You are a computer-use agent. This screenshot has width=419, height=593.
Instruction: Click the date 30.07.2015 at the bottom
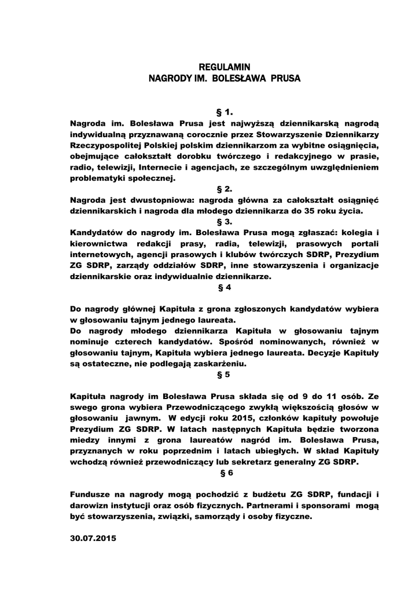coord(93,538)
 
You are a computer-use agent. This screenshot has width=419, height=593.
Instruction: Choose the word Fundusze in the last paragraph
coord(91,494)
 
